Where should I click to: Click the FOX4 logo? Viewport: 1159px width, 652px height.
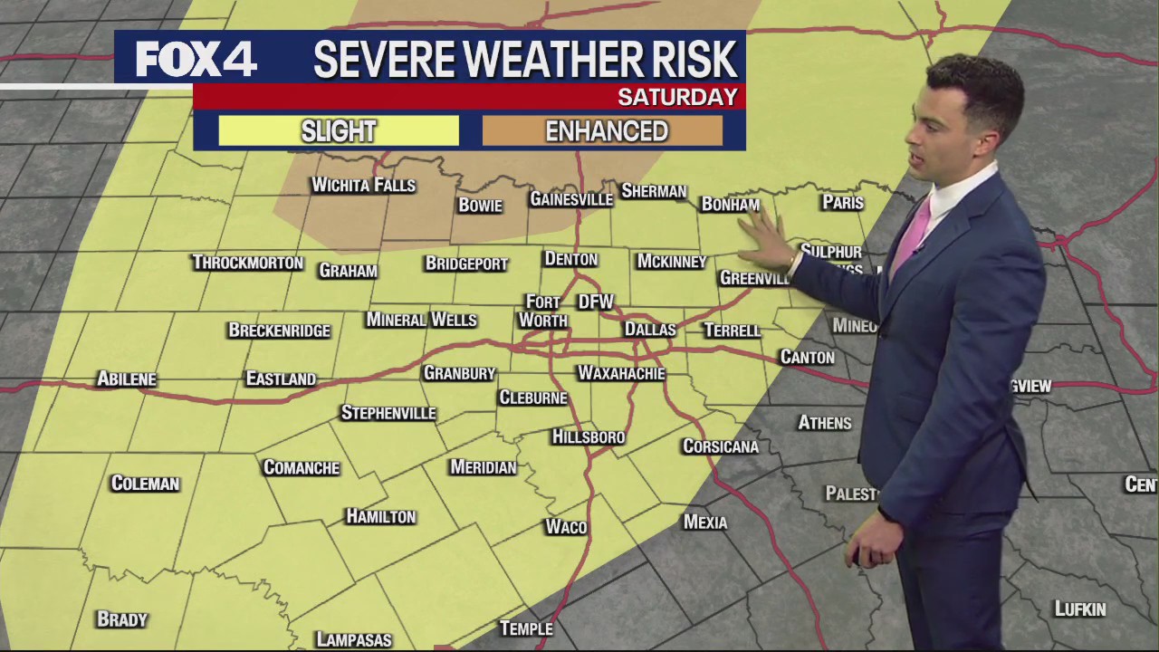pos(196,60)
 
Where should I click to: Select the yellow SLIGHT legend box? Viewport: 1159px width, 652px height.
pos(339,131)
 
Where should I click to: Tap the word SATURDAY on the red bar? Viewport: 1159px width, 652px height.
pos(677,97)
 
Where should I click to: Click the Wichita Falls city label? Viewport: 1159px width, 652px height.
pos(363,186)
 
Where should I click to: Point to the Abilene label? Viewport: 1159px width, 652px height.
pos(127,379)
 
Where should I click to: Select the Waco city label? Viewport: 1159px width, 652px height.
pos(566,527)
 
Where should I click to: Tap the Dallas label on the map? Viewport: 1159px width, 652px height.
pos(650,330)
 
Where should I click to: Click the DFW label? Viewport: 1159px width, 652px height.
pos(596,302)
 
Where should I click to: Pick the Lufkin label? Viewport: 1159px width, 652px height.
pos(1080,609)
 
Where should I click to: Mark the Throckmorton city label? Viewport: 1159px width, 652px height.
pos(247,263)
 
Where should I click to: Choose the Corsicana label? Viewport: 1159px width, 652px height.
pos(721,446)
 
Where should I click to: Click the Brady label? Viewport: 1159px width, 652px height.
pos(122,619)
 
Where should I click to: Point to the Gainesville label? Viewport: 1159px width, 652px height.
pos(571,199)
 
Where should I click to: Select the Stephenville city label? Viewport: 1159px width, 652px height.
pos(388,413)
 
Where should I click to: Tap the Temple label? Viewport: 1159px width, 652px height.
pos(526,628)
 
